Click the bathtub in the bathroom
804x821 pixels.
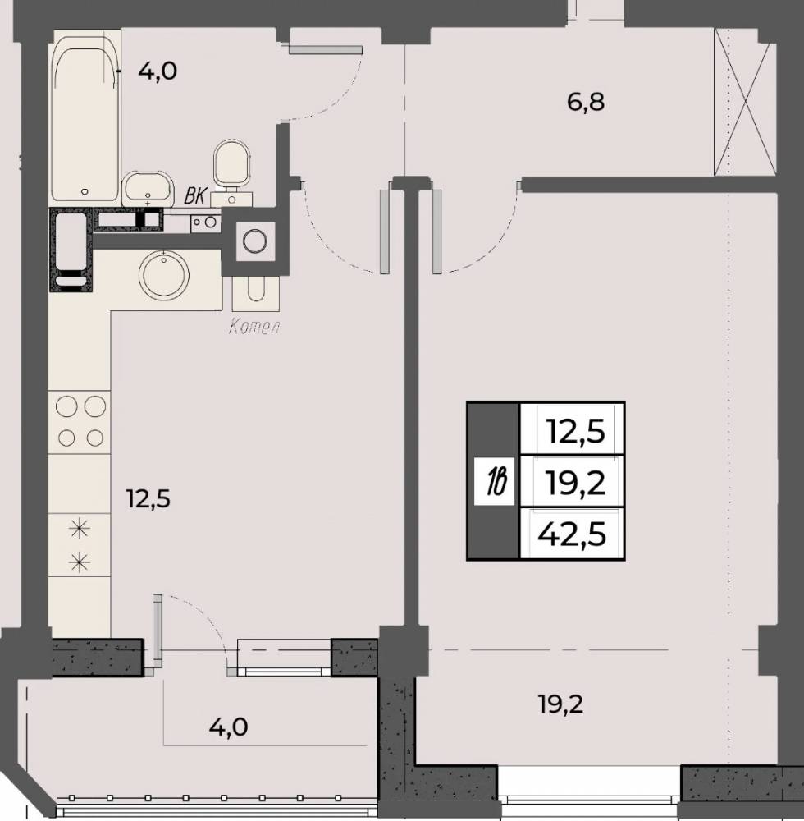pyautogui.click(x=85, y=117)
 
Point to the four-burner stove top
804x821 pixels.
pyautogui.click(x=80, y=422)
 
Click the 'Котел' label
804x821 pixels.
pyautogui.click(x=254, y=328)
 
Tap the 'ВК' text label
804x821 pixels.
pyautogui.click(x=194, y=196)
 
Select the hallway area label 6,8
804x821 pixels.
pyautogui.click(x=586, y=102)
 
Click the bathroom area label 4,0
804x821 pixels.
pyautogui.click(x=158, y=71)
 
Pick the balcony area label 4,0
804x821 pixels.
pyautogui.click(x=229, y=727)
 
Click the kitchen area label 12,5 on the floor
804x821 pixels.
pyautogui.click(x=148, y=499)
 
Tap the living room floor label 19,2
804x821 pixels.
pyautogui.click(x=561, y=704)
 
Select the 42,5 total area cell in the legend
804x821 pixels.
pyautogui.click(x=573, y=534)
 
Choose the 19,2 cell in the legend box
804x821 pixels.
pyautogui.click(x=573, y=482)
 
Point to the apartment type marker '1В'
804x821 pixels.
pyautogui.click(x=495, y=482)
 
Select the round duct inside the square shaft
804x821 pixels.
pyautogui.click(x=256, y=241)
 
